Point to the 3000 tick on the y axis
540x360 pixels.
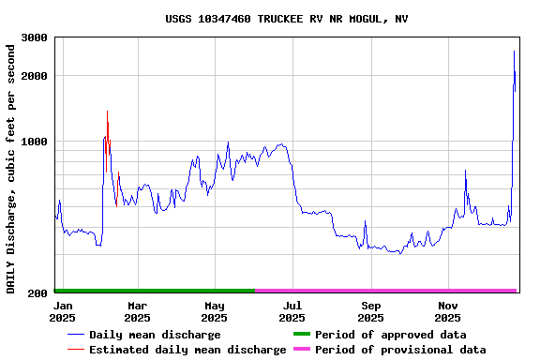[35, 37]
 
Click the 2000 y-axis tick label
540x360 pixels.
[35, 75]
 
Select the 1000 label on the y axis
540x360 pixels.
[35, 142]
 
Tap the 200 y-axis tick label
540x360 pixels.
[38, 293]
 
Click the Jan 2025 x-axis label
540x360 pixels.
[62, 311]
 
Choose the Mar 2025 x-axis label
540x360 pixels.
[137, 311]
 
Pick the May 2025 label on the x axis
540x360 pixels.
[215, 311]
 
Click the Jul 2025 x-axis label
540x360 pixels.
[292, 311]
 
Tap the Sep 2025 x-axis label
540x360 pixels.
[370, 311]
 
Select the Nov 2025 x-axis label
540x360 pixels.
[448, 311]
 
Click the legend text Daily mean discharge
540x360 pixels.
[155, 335]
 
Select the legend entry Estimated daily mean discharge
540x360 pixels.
[187, 350]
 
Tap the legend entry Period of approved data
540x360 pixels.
[390, 335]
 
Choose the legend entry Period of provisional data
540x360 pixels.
[400, 350]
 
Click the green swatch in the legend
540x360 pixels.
[301, 335]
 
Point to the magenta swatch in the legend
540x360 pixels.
[301, 350]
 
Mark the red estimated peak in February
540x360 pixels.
[107, 112]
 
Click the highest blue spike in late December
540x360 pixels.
[514, 51]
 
